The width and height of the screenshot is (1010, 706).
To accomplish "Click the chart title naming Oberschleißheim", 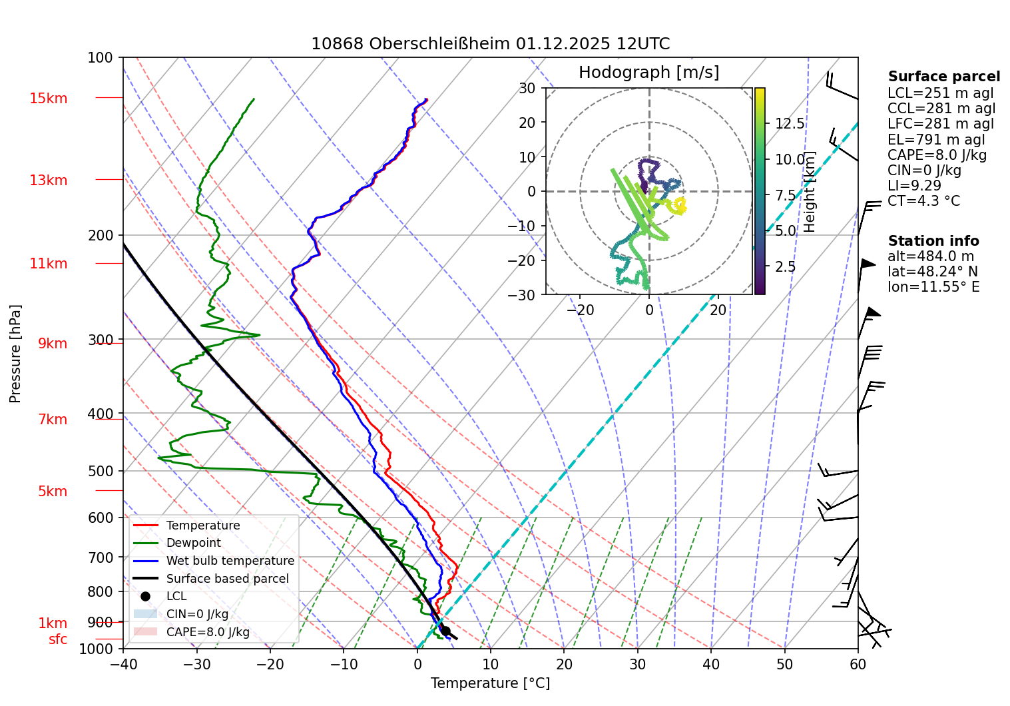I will (490, 44).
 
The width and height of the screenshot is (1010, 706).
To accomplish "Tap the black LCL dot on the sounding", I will (445, 631).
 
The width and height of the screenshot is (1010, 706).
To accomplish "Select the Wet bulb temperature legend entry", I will (230, 561).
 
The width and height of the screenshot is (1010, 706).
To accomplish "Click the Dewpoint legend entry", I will (193, 543).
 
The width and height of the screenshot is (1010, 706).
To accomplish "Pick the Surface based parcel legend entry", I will (227, 579).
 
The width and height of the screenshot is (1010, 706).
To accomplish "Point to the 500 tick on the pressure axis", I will (101, 471).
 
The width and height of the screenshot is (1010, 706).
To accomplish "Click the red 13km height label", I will (48, 180).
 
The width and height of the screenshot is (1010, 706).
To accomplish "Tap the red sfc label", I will (58, 639).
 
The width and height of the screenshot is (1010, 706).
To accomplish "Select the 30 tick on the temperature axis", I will (637, 664).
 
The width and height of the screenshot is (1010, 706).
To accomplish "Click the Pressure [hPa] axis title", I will (15, 354).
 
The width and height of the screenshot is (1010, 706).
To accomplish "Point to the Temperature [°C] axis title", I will (490, 683).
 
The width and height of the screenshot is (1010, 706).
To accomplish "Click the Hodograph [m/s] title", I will (648, 72).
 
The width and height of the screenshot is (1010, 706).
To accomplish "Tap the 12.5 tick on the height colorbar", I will (790, 124).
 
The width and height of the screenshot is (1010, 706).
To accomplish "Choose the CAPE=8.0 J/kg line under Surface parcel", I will (937, 155).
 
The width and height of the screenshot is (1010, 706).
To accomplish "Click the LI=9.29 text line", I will (914, 186).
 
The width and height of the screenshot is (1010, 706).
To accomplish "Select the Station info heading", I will (933, 241).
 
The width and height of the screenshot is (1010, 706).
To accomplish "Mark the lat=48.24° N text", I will (933, 272).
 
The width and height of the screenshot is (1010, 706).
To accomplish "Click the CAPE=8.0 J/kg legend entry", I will (208, 632).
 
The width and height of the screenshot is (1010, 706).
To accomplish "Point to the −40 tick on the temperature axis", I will (123, 664).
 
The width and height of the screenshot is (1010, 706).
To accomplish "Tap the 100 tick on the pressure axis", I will (101, 58).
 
